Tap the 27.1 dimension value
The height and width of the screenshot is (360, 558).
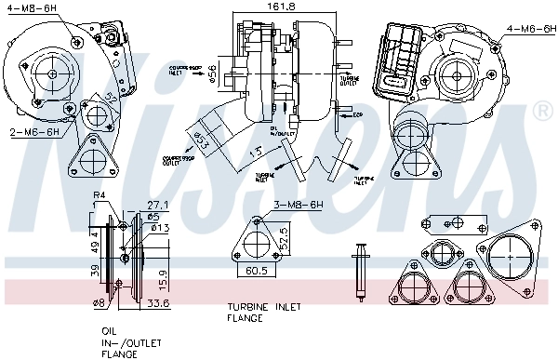tap(157, 204)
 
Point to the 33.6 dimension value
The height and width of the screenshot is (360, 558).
tap(158, 302)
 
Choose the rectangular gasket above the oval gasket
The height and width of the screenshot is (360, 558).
tap(454, 223)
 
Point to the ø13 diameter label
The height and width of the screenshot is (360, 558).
tap(160, 228)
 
